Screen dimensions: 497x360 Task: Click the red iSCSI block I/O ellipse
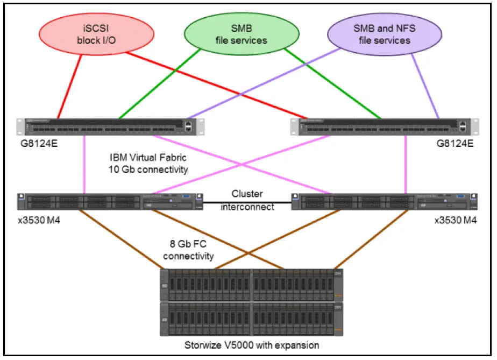(96, 34)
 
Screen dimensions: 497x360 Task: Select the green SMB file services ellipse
(242, 34)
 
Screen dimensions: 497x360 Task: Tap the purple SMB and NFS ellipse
(385, 34)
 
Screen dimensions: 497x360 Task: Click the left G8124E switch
(110, 127)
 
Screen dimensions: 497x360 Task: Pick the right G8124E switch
(385, 127)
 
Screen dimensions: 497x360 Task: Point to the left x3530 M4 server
(110, 202)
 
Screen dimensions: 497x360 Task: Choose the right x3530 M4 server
(385, 202)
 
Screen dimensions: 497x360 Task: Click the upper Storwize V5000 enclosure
(252, 285)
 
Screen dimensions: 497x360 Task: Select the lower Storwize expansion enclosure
(252, 319)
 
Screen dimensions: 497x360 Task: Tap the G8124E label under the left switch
(39, 144)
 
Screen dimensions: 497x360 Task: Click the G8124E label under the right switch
(455, 144)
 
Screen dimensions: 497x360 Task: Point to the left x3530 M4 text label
(39, 220)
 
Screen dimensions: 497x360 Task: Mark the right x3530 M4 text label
(455, 220)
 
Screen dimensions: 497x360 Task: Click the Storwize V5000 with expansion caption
(252, 345)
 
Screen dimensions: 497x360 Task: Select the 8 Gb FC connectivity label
(188, 250)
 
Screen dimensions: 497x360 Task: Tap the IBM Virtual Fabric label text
(148, 158)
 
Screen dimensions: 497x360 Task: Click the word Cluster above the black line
(247, 194)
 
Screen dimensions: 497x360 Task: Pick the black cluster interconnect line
(247, 202)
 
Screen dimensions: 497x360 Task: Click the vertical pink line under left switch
(84, 164)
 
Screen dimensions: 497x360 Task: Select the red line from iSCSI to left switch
(70, 87)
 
